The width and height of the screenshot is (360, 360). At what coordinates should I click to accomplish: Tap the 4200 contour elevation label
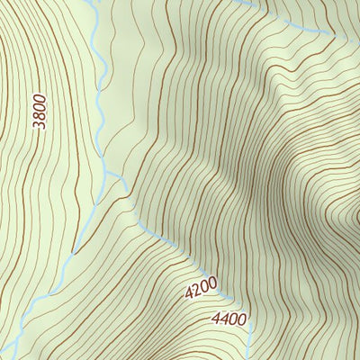(x=202, y=288)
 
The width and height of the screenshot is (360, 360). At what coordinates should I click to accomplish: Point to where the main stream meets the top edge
(x=94, y=1)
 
